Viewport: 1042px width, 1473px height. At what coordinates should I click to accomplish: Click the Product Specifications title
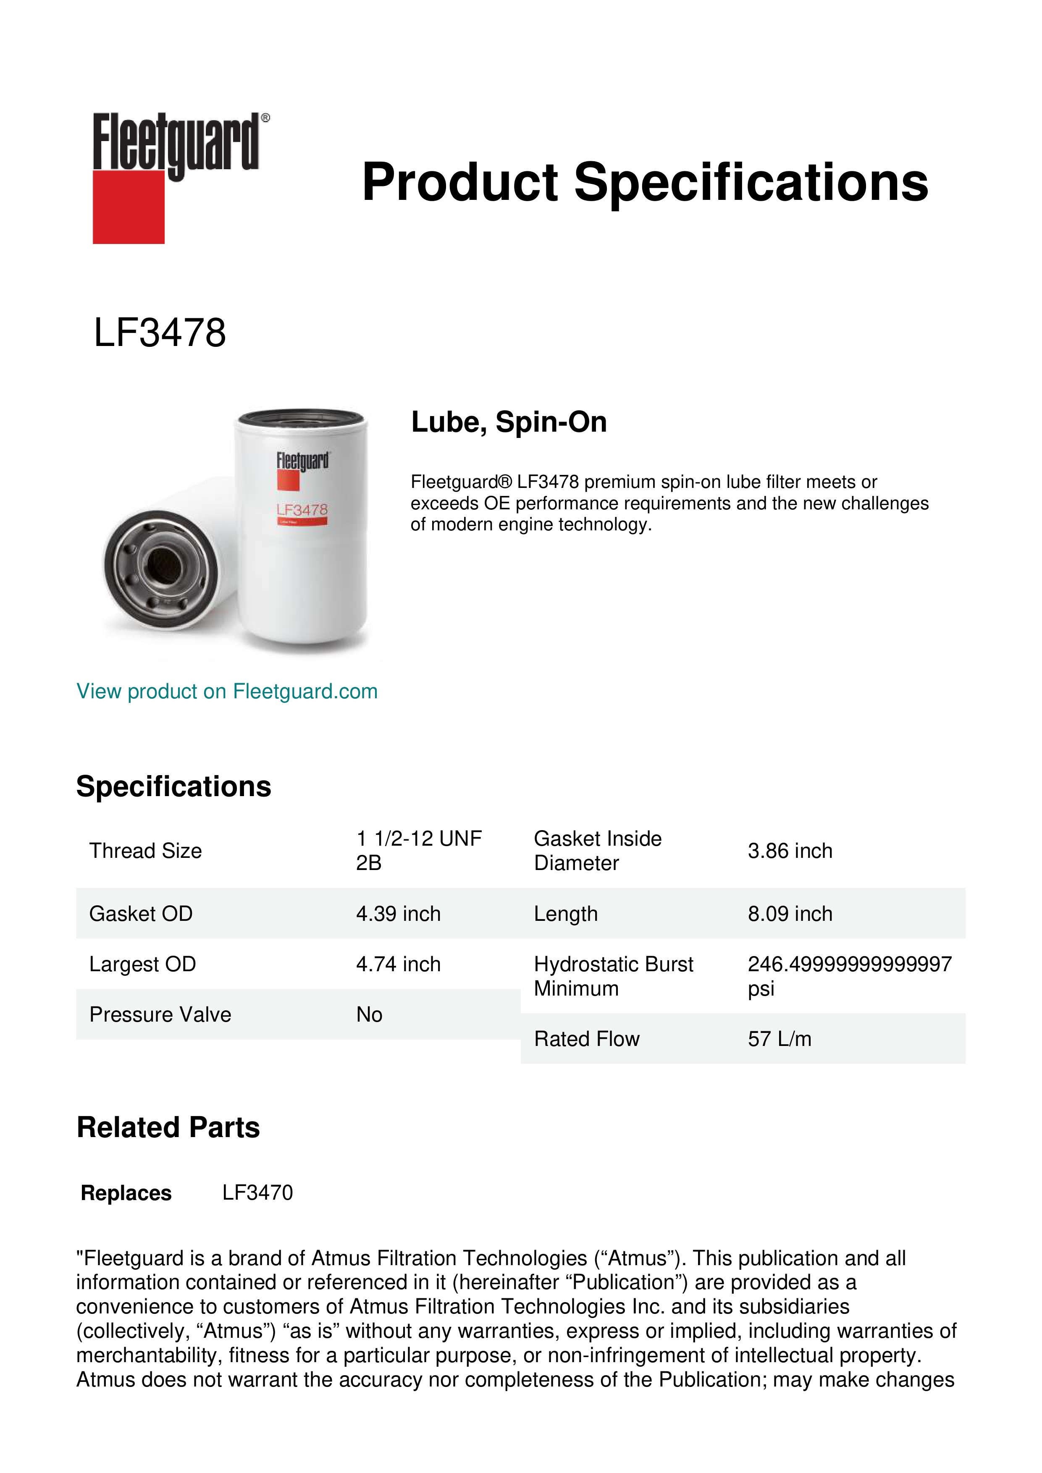click(x=644, y=182)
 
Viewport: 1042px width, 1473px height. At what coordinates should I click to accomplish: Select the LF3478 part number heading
click(x=160, y=333)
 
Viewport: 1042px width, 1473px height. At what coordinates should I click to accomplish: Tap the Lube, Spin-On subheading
click(x=509, y=422)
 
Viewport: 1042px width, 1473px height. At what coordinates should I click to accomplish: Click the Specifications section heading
click(x=173, y=786)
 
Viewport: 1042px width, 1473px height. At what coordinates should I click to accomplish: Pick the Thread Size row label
click(x=146, y=851)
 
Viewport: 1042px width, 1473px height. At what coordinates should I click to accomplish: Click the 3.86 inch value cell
click(x=790, y=851)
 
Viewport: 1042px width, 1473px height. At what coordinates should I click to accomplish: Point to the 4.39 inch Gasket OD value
click(x=399, y=914)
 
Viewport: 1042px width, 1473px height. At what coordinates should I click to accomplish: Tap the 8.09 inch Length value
click(x=790, y=914)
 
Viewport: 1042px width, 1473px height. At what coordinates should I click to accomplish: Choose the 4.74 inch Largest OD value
click(x=399, y=964)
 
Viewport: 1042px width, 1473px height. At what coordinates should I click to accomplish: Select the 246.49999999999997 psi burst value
click(x=849, y=976)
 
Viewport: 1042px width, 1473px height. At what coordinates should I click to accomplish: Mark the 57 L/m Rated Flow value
click(x=779, y=1039)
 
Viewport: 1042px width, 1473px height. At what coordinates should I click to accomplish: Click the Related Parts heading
click(x=168, y=1128)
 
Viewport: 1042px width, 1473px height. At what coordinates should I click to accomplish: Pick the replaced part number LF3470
click(x=257, y=1193)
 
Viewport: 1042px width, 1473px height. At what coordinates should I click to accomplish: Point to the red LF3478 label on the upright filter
click(x=302, y=510)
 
